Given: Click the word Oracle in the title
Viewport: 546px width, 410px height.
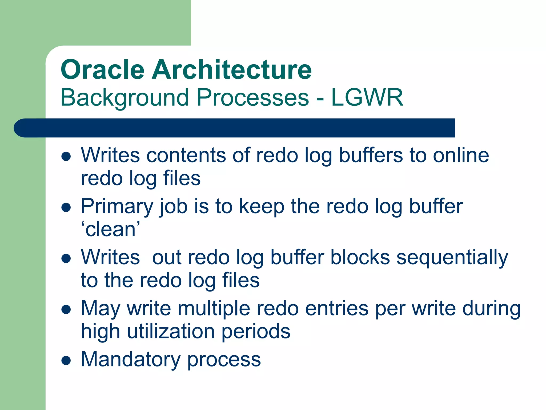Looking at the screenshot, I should [103, 70].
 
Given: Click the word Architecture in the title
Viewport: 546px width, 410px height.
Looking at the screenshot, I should [232, 70].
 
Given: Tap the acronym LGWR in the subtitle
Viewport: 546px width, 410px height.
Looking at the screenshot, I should [367, 98].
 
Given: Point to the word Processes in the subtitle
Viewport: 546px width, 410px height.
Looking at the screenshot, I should [253, 98].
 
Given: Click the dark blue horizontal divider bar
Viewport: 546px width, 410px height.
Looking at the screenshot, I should [235, 128].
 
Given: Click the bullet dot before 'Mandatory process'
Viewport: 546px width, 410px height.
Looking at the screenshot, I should [66, 360].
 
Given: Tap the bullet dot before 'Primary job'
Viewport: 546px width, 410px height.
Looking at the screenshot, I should [66, 207].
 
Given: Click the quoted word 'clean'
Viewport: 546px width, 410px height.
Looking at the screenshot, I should [110, 230].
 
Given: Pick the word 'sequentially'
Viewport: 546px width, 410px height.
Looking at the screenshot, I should [452, 258].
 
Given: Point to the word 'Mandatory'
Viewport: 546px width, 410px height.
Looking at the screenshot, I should [131, 359].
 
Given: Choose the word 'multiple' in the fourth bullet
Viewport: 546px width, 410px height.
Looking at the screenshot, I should [214, 309].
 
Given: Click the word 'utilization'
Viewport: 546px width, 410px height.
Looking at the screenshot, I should [171, 332].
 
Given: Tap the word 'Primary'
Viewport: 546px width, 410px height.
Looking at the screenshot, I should [117, 207].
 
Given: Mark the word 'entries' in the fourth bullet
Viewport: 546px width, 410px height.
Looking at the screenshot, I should [337, 309].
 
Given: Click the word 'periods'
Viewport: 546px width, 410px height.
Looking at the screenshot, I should [256, 332].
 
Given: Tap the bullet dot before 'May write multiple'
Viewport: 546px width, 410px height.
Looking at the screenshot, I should [66, 309].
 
